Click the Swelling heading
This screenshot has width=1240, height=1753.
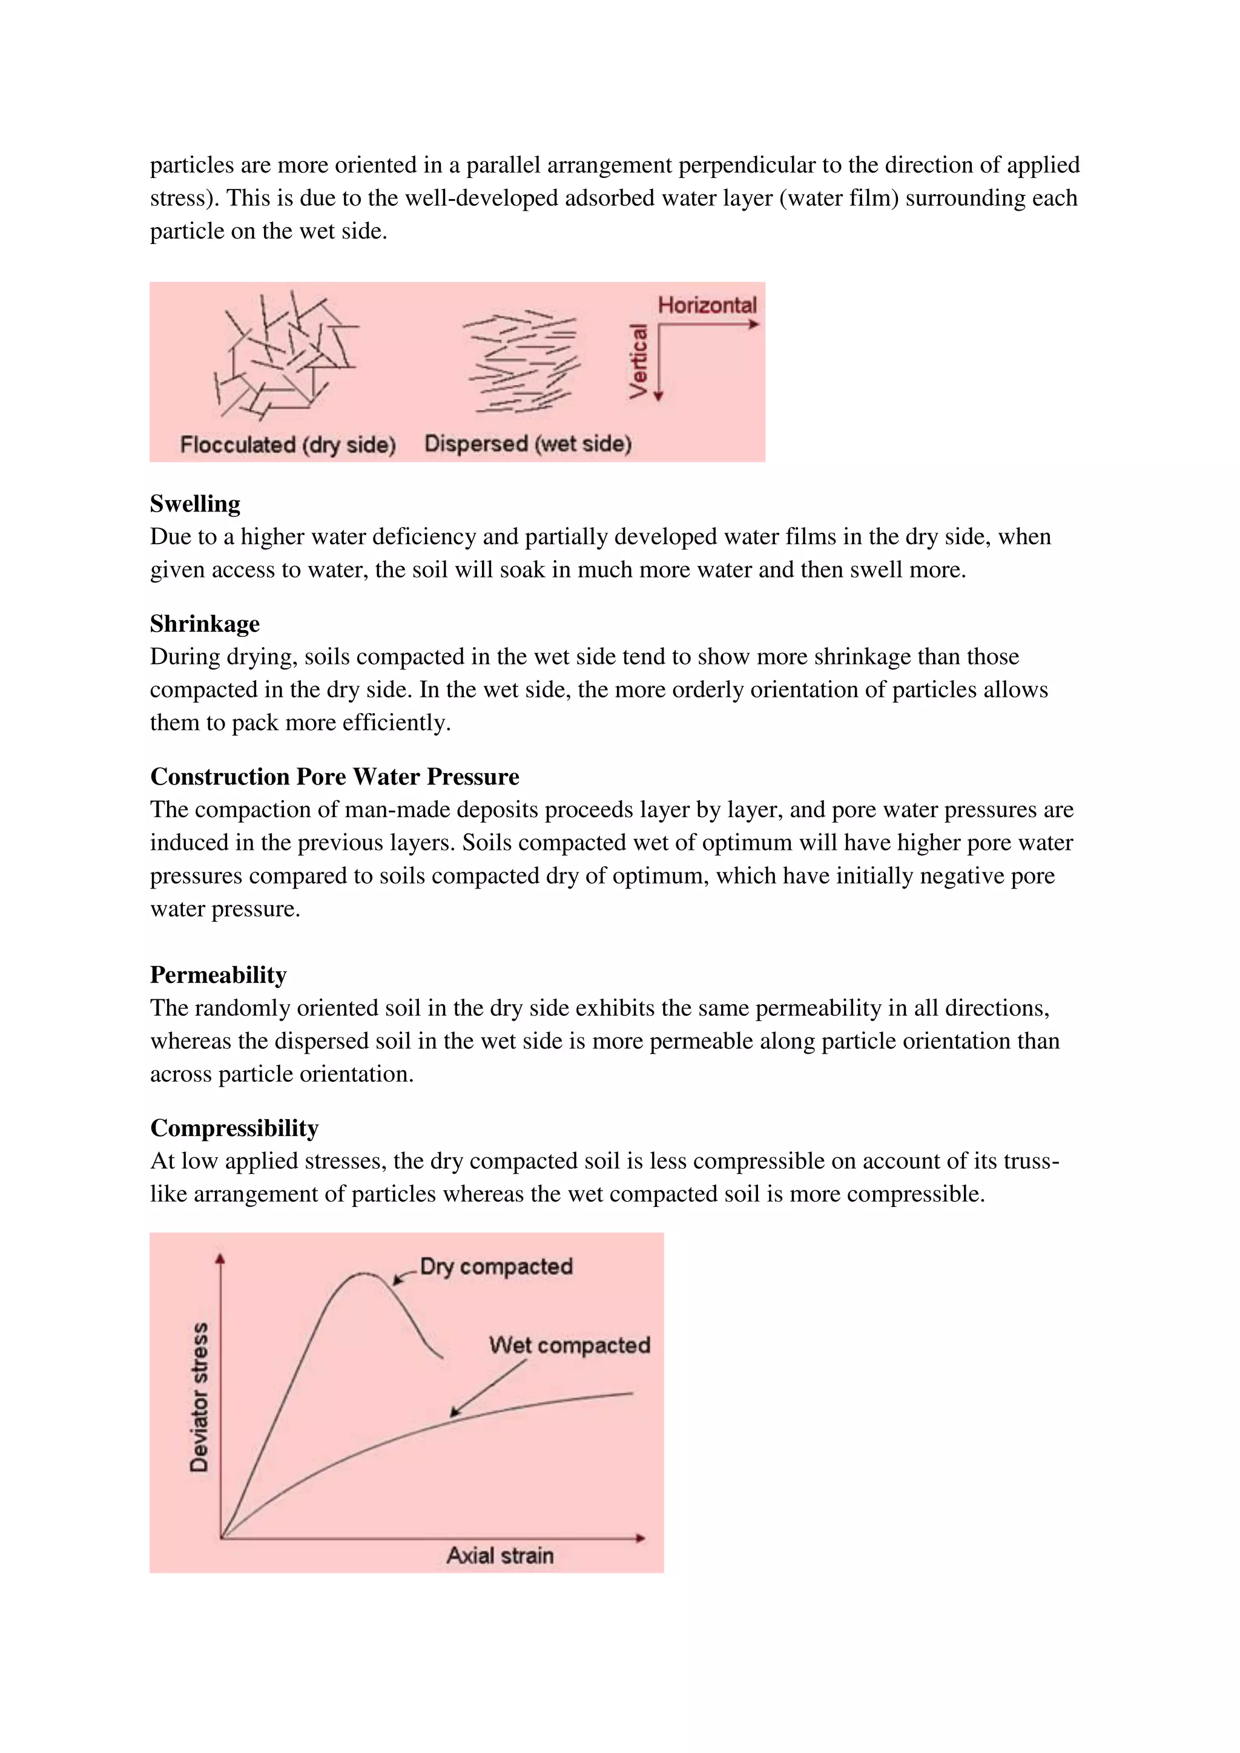pyautogui.click(x=195, y=504)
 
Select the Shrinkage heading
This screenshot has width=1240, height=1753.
pyautogui.click(x=205, y=624)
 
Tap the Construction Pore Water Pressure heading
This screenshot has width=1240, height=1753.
pyautogui.click(x=334, y=777)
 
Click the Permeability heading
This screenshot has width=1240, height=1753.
pyautogui.click(x=219, y=975)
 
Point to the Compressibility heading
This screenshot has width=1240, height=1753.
pyautogui.click(x=234, y=1128)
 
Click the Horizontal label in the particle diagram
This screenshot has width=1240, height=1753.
pyautogui.click(x=707, y=306)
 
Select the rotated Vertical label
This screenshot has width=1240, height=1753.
pyautogui.click(x=638, y=360)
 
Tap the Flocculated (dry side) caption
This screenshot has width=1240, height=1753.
pyautogui.click(x=288, y=444)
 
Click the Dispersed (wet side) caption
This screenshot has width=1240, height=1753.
pyautogui.click(x=527, y=444)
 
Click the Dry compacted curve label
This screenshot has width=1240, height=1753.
pyautogui.click(x=496, y=1267)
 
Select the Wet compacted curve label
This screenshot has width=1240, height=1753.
pyautogui.click(x=570, y=1345)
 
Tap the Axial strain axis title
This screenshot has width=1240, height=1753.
pyautogui.click(x=500, y=1555)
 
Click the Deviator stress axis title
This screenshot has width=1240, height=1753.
pyautogui.click(x=199, y=1396)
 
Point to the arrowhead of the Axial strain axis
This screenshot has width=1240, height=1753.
pyautogui.click(x=641, y=1538)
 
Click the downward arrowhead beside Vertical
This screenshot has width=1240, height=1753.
pyautogui.click(x=659, y=396)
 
